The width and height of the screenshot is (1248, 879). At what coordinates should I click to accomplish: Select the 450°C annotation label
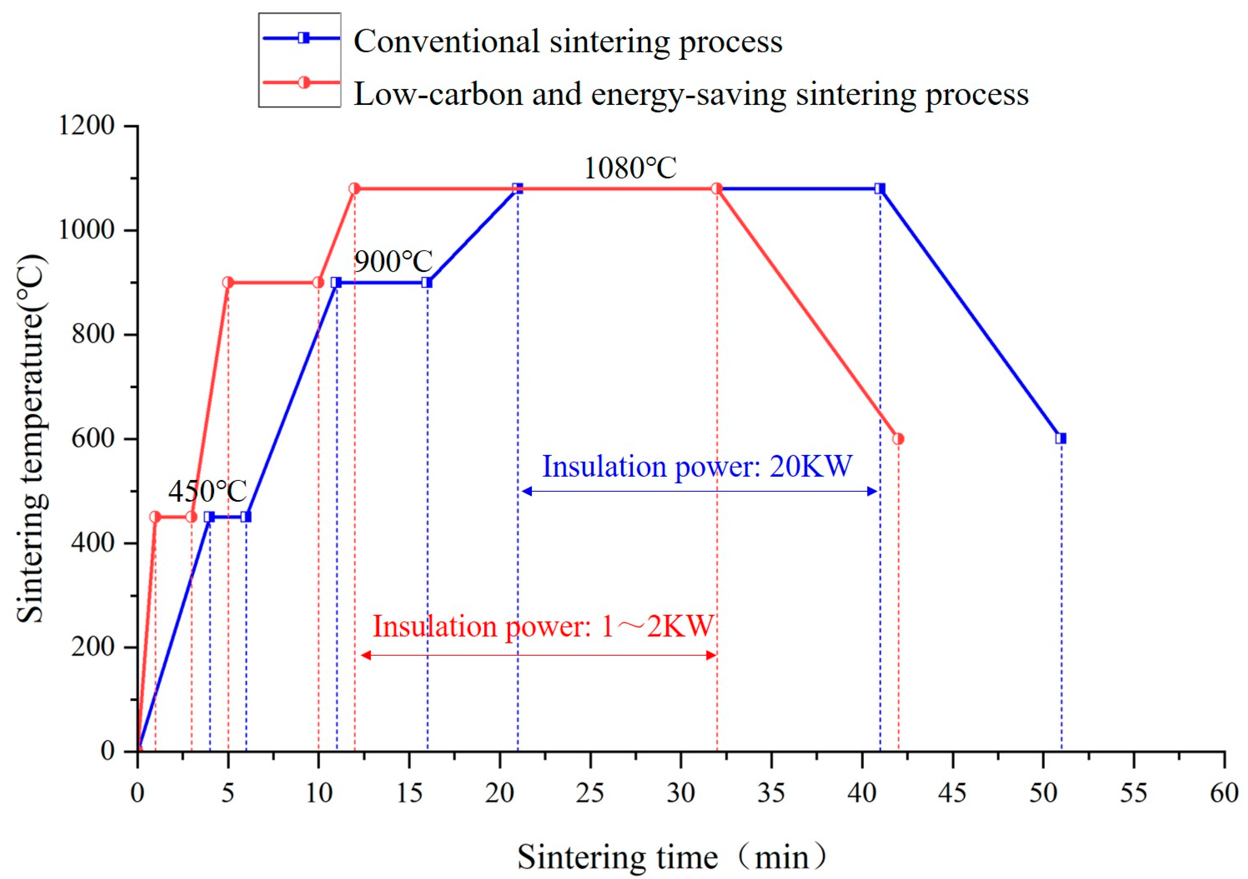[x=207, y=491]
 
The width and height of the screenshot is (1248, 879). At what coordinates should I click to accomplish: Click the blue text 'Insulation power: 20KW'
[x=698, y=466]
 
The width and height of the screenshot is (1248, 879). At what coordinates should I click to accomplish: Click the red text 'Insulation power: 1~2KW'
[x=543, y=626]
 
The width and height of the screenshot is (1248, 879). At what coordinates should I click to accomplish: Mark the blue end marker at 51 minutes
[x=1061, y=438]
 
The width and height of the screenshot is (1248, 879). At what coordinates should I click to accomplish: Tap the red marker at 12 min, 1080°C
[x=354, y=189]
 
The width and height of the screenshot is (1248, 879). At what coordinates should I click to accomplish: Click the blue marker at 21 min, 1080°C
[x=517, y=189]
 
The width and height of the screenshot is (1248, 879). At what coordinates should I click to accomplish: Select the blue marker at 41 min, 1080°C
[x=880, y=189]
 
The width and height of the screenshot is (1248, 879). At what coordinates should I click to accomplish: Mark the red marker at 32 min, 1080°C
[x=716, y=189]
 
